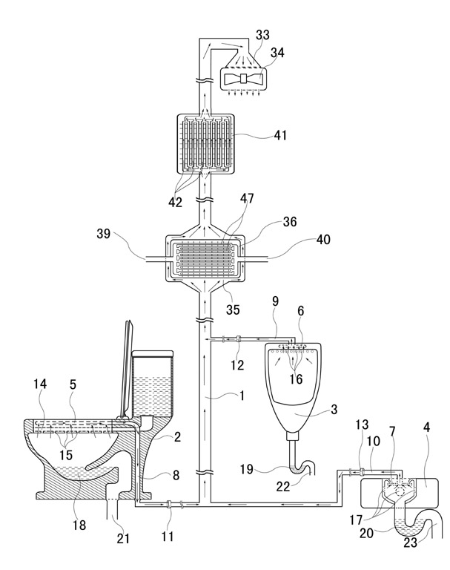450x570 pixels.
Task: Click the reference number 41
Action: click(280, 135)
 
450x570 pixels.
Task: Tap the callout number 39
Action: click(103, 234)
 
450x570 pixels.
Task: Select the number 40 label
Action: click(323, 240)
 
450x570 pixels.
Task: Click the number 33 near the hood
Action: click(262, 35)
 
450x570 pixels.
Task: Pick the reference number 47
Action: click(247, 198)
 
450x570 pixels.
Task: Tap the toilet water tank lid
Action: click(152, 353)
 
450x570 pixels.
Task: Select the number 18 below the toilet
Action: click(79, 525)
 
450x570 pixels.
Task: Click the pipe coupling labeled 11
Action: click(168, 504)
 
